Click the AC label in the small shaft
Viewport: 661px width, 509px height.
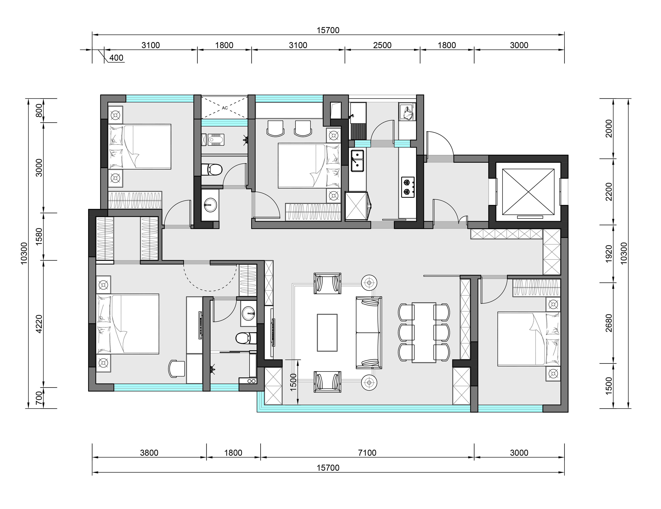click(225, 108)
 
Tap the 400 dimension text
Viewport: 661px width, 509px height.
click(116, 58)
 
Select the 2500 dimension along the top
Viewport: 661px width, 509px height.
click(382, 45)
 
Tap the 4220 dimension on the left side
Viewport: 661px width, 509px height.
click(39, 324)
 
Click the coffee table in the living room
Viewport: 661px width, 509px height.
click(327, 333)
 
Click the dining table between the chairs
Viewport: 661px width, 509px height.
click(424, 332)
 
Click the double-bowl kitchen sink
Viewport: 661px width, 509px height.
click(357, 161)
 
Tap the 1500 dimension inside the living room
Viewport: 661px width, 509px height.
click(293, 382)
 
